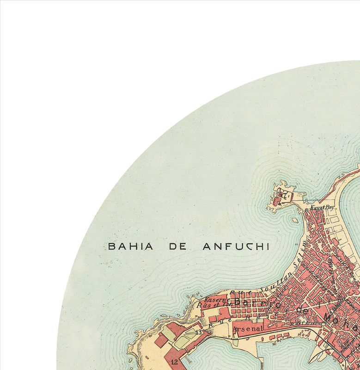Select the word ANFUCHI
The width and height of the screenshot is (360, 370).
pyautogui.click(x=236, y=246)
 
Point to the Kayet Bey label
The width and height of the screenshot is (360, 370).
pyautogui.click(x=322, y=208)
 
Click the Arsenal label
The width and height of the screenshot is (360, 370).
pyautogui.click(x=248, y=328)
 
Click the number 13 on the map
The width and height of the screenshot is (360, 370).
pyautogui.click(x=199, y=332)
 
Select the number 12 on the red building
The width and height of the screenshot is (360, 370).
pyautogui.click(x=174, y=362)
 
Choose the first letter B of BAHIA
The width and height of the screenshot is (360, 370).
pyautogui.click(x=111, y=246)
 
